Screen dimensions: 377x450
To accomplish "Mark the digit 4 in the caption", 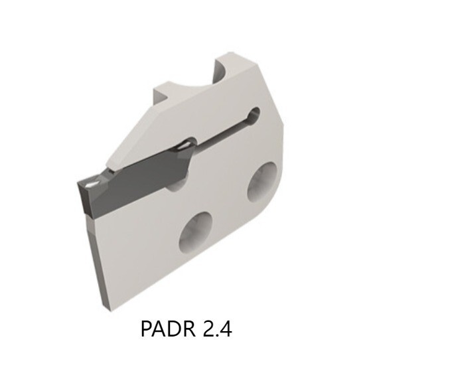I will pyautogui.click(x=226, y=329).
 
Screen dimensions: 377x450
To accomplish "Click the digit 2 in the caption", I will pyautogui.click(x=206, y=329).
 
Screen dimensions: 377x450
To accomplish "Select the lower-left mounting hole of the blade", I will pyautogui.click(x=196, y=232).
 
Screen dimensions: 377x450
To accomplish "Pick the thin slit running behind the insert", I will pyautogui.click(x=219, y=133).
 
